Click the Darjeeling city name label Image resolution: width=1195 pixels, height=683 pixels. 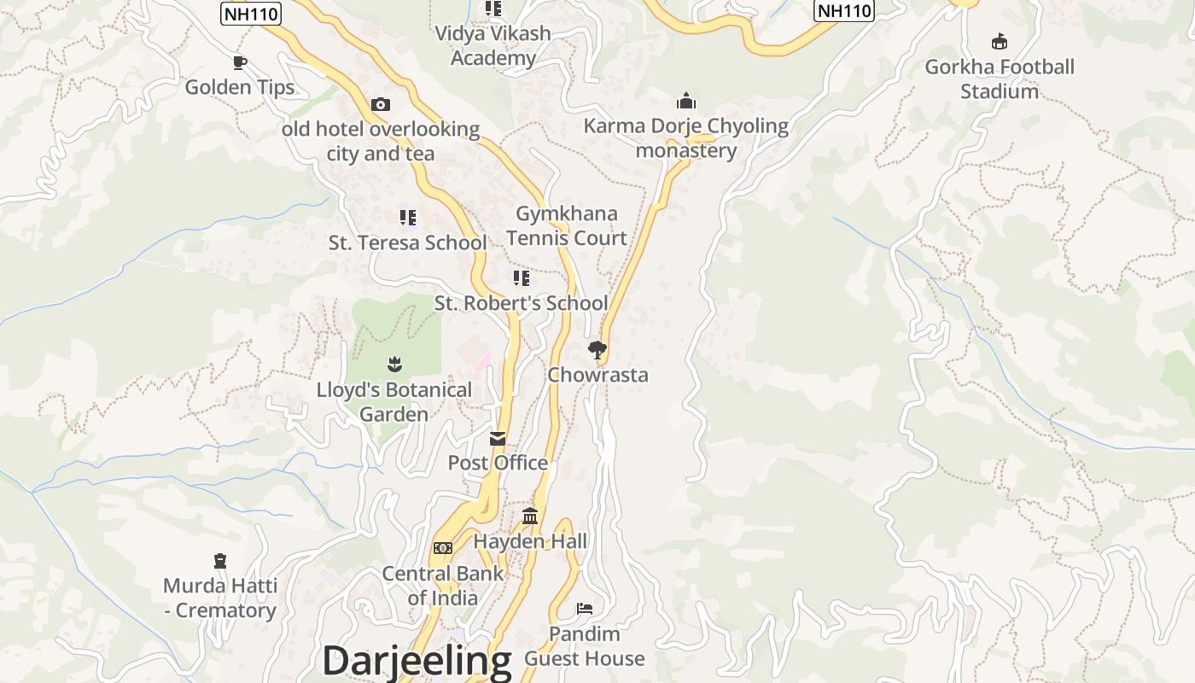click(x=417, y=661)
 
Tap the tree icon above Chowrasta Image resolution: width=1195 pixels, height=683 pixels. click(x=597, y=349)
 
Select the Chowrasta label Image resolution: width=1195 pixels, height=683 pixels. click(x=597, y=375)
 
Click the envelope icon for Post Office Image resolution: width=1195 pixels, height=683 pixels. click(x=498, y=439)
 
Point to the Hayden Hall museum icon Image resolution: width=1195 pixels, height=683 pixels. click(x=530, y=517)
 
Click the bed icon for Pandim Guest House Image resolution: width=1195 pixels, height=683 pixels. click(x=585, y=609)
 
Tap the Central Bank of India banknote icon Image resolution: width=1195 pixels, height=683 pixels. click(x=442, y=548)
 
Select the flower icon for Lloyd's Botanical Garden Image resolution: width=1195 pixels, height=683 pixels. click(x=393, y=365)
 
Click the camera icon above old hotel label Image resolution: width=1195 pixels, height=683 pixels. click(x=381, y=105)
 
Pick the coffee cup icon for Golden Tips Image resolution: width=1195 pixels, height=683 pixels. click(x=240, y=62)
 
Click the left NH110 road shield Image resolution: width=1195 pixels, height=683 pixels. click(x=251, y=14)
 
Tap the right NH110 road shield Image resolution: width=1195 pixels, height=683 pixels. click(x=844, y=10)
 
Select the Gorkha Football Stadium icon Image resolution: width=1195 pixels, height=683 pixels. click(x=999, y=41)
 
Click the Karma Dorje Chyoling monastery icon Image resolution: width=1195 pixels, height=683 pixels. click(x=686, y=102)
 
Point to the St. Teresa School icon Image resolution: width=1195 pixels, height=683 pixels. click(x=408, y=218)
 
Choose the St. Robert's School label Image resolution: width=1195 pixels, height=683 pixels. click(x=521, y=303)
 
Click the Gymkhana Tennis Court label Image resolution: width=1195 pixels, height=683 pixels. click(x=567, y=226)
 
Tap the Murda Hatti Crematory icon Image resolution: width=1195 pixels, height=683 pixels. click(x=220, y=561)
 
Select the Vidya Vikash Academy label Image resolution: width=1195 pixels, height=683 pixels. click(x=493, y=45)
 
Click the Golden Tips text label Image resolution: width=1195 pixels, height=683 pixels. click(x=240, y=87)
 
